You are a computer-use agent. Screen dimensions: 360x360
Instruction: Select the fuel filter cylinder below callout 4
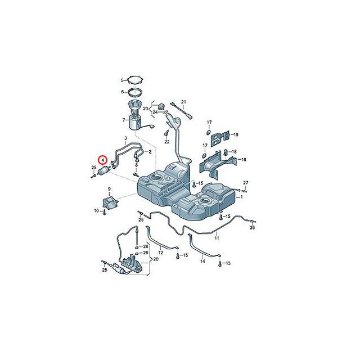pos(103,170)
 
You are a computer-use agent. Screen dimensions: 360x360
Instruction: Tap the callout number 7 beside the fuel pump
pos(124,120)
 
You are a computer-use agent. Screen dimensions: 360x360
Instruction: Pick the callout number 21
pos(183,102)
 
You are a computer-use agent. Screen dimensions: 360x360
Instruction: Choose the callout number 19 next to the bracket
pos(236,135)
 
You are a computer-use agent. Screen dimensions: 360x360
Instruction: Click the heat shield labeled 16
pos(217,163)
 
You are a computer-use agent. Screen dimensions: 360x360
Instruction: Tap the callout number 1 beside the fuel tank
pos(241,197)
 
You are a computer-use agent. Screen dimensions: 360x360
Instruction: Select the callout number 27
pos(246,183)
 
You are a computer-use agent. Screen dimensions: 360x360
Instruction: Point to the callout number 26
pos(252,227)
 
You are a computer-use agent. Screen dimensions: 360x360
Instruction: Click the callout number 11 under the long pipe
pos(217,238)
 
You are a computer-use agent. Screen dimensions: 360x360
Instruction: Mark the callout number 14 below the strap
pos(202,261)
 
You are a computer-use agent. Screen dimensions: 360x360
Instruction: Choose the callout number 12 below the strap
pos(161,253)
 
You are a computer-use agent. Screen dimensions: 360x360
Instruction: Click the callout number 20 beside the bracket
pos(156,259)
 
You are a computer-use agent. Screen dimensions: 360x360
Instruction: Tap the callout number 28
pos(146,246)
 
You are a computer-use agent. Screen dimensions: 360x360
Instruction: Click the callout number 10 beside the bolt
pos(96,210)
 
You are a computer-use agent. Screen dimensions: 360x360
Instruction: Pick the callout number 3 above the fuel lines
pos(125,138)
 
